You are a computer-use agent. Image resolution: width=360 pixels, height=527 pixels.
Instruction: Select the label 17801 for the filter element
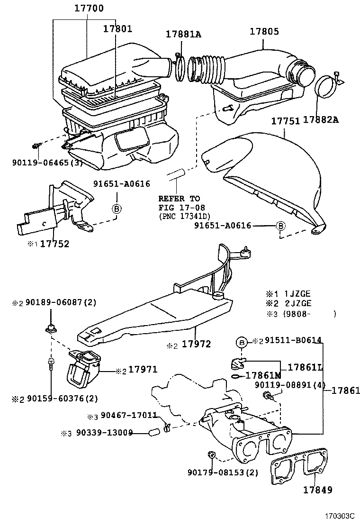point(118,28)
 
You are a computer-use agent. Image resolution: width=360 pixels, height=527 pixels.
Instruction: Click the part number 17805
point(264,32)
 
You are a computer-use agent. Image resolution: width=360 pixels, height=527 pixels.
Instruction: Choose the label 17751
point(285,121)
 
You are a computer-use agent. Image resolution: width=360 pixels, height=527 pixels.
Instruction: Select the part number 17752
point(54,244)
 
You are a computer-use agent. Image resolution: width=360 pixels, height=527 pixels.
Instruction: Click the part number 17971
point(143,370)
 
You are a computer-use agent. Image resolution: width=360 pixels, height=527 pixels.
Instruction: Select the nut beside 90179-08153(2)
point(212,455)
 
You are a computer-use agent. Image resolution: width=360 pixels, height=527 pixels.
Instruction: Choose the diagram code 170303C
point(340,515)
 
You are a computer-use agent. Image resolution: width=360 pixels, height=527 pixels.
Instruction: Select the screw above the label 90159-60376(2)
point(51,364)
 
